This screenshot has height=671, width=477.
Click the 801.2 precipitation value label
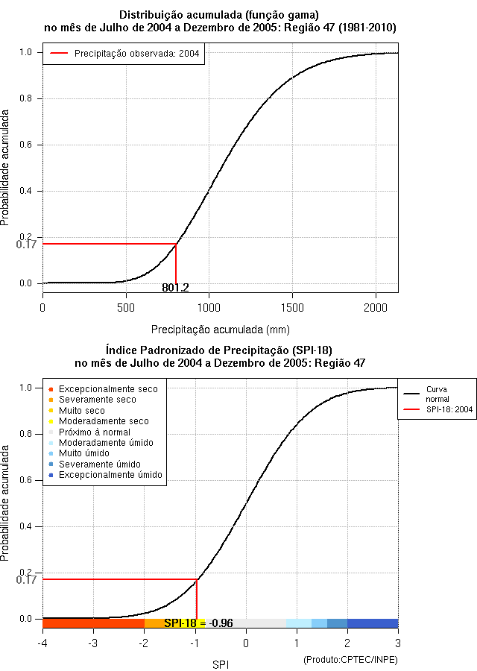176,288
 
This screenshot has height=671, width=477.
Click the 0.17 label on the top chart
26,244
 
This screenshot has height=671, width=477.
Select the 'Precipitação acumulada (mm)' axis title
221,329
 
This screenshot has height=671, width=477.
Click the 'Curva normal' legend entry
437,394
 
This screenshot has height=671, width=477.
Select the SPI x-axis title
220,663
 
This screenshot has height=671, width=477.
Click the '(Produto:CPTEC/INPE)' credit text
350,660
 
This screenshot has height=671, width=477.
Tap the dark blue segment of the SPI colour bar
373,623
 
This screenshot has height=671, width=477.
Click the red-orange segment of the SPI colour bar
93,623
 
